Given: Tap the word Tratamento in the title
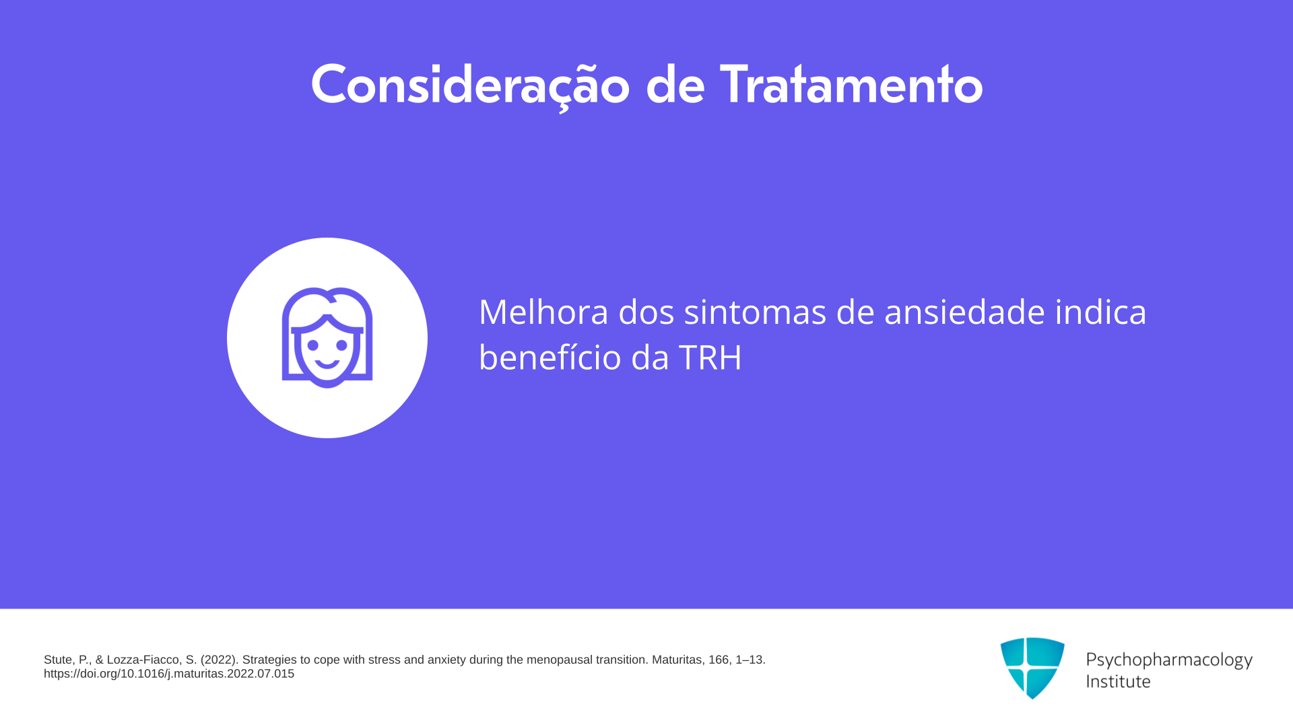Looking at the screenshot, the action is [x=851, y=85].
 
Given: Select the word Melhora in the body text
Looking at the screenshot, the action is [x=543, y=312].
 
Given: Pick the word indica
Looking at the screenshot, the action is [x=1100, y=312].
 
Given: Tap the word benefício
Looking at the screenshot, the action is [x=550, y=357].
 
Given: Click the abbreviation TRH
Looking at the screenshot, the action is [x=710, y=357].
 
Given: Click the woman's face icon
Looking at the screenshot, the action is [x=327, y=338].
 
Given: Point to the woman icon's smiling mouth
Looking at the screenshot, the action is [x=327, y=364].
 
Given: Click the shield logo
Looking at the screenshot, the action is [x=1032, y=668].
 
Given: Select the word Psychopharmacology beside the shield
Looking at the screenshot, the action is [x=1169, y=660].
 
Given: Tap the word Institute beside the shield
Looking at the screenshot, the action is [x=1118, y=681].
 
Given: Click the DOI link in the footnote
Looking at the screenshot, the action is [x=169, y=674].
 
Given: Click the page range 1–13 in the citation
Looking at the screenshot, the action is [x=750, y=660].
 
